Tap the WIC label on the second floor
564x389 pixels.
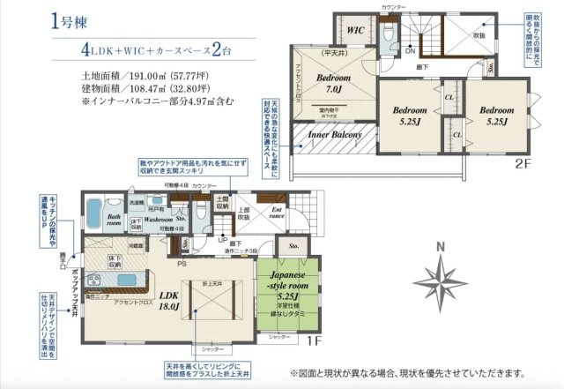[x=356, y=30]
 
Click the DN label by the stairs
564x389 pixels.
[x=411, y=51]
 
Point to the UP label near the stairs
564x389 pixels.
[x=223, y=239]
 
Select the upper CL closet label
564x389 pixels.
[x=449, y=98]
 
